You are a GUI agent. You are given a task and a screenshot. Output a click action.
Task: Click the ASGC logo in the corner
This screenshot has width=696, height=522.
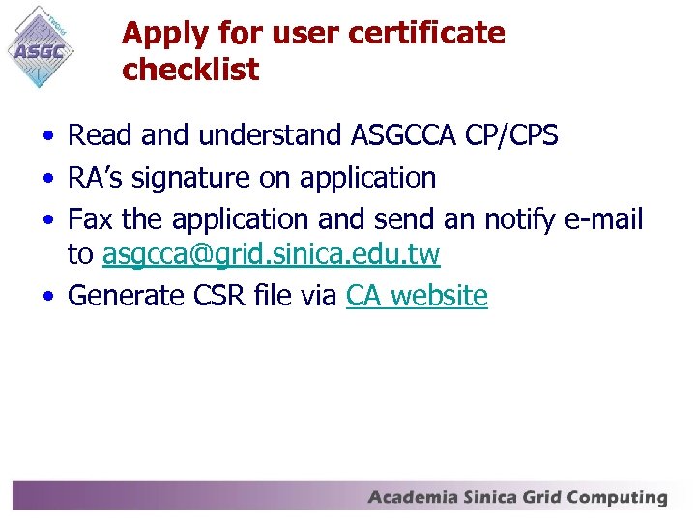pyautogui.click(x=43, y=47)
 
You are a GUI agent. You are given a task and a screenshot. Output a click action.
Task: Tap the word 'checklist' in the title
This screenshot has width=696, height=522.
pyautogui.click(x=190, y=70)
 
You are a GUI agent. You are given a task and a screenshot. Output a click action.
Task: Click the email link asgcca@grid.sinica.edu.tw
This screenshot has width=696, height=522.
pyautogui.click(x=271, y=255)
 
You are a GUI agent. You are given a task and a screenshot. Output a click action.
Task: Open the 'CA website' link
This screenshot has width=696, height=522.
pyautogui.click(x=417, y=296)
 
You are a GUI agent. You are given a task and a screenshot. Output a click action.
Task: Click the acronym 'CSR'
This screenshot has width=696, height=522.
pyautogui.click(x=222, y=296)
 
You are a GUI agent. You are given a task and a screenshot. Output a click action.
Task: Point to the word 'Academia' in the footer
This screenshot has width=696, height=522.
pyautogui.click(x=413, y=498)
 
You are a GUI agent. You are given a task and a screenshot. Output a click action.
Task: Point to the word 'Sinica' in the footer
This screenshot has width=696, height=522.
pyautogui.click(x=491, y=498)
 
